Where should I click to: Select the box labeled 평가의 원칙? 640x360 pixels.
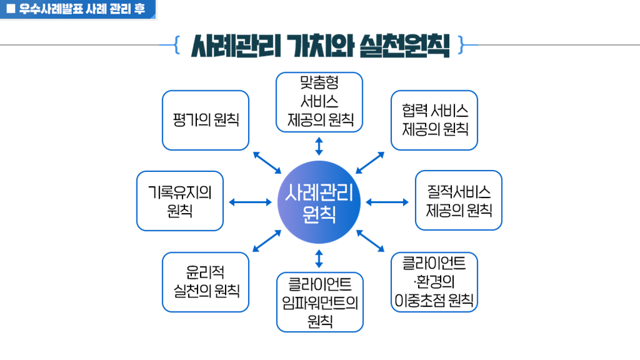(x=206, y=120)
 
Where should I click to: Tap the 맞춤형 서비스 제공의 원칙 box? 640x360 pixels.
(x=319, y=102)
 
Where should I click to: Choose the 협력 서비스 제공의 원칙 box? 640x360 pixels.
(x=434, y=120)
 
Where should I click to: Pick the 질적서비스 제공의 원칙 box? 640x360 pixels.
(x=459, y=201)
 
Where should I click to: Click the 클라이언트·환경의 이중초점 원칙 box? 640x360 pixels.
(x=434, y=282)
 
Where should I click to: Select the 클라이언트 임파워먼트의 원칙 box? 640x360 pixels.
(x=320, y=302)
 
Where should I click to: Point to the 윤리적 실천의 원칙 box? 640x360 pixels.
(x=206, y=282)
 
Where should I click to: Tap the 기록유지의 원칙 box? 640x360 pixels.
(x=180, y=201)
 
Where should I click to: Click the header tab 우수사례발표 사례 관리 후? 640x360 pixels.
(x=78, y=9)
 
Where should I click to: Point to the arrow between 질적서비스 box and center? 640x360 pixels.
(x=387, y=202)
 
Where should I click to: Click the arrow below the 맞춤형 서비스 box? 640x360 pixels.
(x=319, y=146)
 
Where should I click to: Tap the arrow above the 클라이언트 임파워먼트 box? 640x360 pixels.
(x=319, y=258)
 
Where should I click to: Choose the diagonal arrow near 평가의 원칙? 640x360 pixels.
(x=267, y=162)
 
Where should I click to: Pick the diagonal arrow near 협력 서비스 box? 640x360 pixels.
(x=370, y=162)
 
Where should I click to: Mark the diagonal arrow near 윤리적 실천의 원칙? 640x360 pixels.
(x=267, y=241)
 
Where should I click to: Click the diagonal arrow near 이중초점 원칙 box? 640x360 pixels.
(x=370, y=241)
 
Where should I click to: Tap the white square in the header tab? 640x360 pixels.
(x=10, y=9)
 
